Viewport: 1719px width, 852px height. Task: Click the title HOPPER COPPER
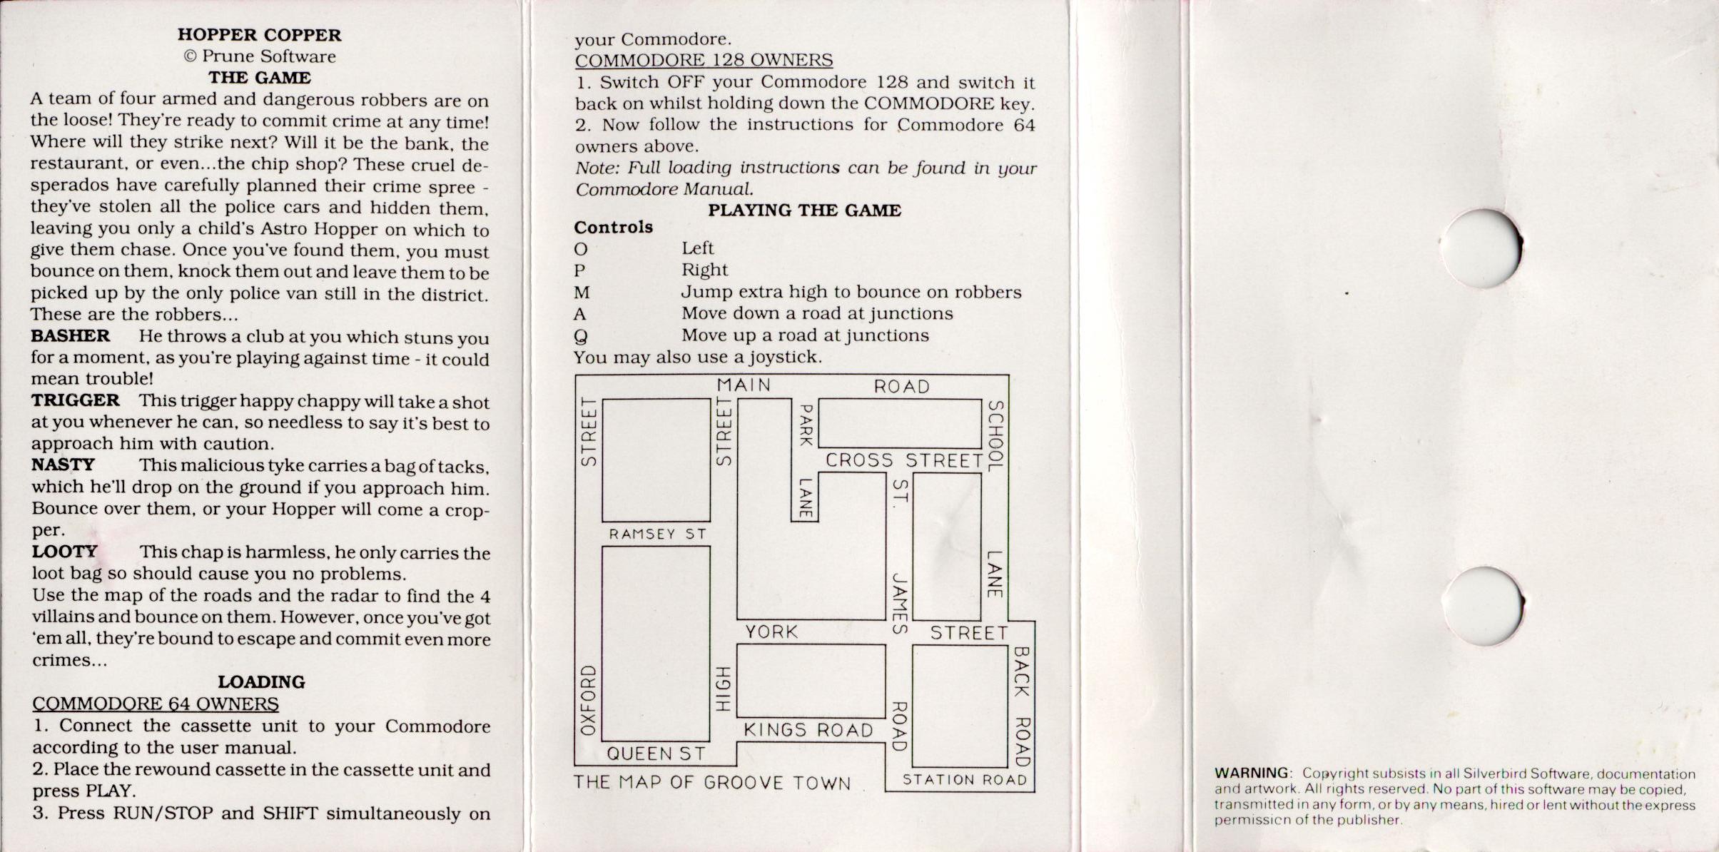pyautogui.click(x=259, y=35)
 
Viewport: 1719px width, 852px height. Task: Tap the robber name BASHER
pyautogui.click(x=70, y=336)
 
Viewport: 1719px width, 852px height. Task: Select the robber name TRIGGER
pyautogui.click(x=75, y=400)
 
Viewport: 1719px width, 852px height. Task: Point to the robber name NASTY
pyautogui.click(x=63, y=465)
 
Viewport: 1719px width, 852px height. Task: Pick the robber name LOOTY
pyautogui.click(x=64, y=552)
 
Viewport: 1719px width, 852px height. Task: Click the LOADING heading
pyautogui.click(x=261, y=682)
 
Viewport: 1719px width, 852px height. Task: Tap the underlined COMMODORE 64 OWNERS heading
pyautogui.click(x=155, y=704)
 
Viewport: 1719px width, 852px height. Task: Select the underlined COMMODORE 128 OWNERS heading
pyautogui.click(x=704, y=61)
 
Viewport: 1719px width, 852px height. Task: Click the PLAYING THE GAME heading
pyautogui.click(x=804, y=211)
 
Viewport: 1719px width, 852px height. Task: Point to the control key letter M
pyautogui.click(x=582, y=293)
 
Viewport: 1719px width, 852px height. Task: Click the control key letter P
pyautogui.click(x=579, y=270)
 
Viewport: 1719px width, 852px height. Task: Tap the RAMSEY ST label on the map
pyautogui.click(x=657, y=534)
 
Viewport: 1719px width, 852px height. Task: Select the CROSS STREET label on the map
pyautogui.click(x=904, y=460)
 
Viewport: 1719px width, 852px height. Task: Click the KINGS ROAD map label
pyautogui.click(x=808, y=730)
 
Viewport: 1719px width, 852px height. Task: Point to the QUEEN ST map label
pyautogui.click(x=656, y=754)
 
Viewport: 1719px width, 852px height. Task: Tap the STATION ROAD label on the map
pyautogui.click(x=965, y=780)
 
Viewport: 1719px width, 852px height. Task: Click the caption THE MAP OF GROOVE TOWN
pyautogui.click(x=712, y=783)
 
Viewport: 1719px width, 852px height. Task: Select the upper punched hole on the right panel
pyautogui.click(x=1482, y=248)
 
